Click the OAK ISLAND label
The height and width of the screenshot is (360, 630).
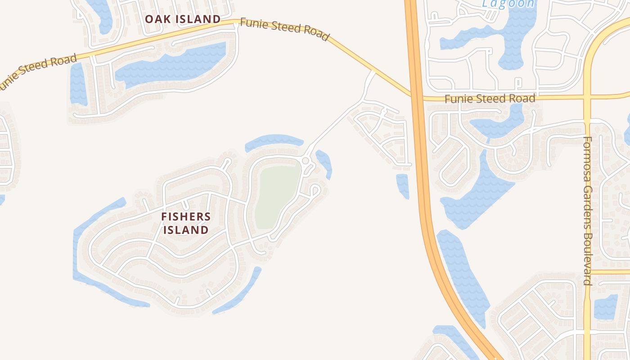[x=182, y=19]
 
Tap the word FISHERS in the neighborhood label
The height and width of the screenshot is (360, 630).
[x=186, y=216]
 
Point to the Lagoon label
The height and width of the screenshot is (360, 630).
[x=508, y=4]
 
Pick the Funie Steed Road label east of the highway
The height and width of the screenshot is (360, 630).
[x=490, y=99]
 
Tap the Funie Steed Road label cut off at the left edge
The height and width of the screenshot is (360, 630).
[x=38, y=68]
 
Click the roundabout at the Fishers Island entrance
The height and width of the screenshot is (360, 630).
[x=306, y=161]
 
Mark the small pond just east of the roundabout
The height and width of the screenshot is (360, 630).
[x=325, y=163]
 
